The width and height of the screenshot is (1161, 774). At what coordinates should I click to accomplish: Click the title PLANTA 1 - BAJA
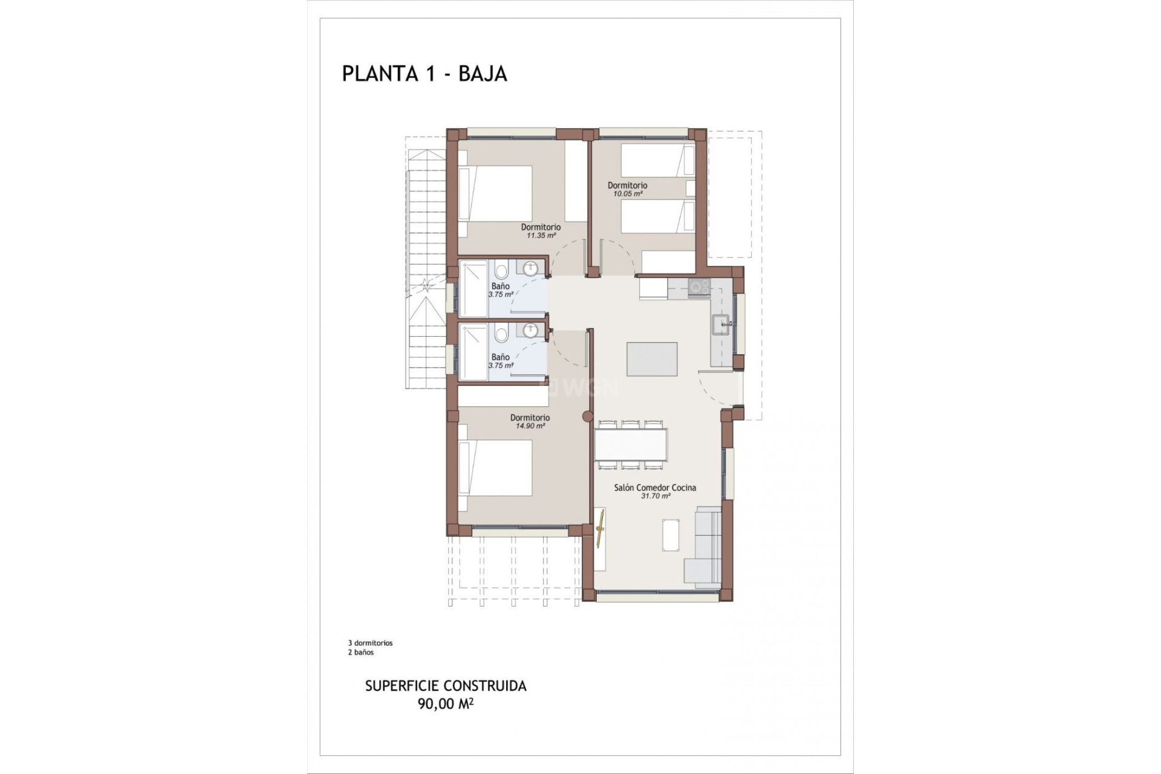(x=424, y=73)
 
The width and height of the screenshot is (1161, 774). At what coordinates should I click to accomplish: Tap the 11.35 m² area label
(x=541, y=236)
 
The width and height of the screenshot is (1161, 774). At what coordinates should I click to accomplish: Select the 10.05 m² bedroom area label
(x=627, y=194)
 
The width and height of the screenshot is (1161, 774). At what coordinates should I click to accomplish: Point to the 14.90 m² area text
(x=530, y=426)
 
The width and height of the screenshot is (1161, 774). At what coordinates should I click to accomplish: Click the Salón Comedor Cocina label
(x=655, y=487)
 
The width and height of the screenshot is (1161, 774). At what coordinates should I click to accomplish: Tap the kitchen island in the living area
(x=652, y=359)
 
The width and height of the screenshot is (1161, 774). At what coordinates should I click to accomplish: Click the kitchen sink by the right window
(x=722, y=325)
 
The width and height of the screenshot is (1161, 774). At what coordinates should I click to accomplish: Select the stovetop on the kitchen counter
(x=700, y=287)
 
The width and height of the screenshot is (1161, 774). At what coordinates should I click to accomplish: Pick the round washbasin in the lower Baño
(x=530, y=330)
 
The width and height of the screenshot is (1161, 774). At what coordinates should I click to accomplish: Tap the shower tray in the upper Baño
(x=473, y=288)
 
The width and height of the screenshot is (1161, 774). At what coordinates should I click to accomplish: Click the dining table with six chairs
(x=631, y=444)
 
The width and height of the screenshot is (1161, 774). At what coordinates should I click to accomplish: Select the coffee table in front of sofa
(x=671, y=535)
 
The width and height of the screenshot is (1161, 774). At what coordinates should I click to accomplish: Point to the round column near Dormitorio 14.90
(x=587, y=416)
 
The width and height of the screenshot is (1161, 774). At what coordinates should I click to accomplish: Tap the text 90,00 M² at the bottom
(x=445, y=704)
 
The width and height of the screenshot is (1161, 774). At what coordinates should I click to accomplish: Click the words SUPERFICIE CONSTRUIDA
(x=446, y=686)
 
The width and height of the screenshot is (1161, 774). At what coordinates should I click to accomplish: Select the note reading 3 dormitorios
(x=370, y=643)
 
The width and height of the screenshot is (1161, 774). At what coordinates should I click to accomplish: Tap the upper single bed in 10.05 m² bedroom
(x=657, y=160)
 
